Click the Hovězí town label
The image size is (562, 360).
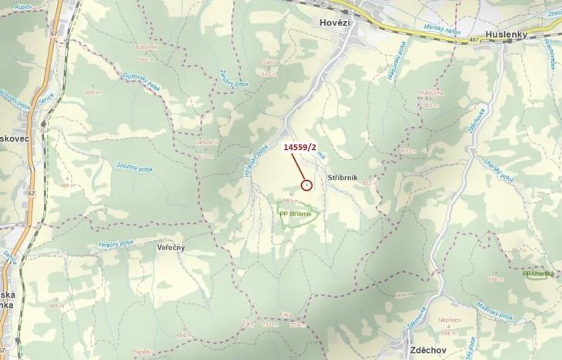[x=335, y=23]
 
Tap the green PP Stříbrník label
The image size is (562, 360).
[x=296, y=215]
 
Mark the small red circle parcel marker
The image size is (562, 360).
[x=306, y=185]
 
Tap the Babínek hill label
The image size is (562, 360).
[x=147, y=47]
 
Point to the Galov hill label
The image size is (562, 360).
[x=269, y=62]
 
